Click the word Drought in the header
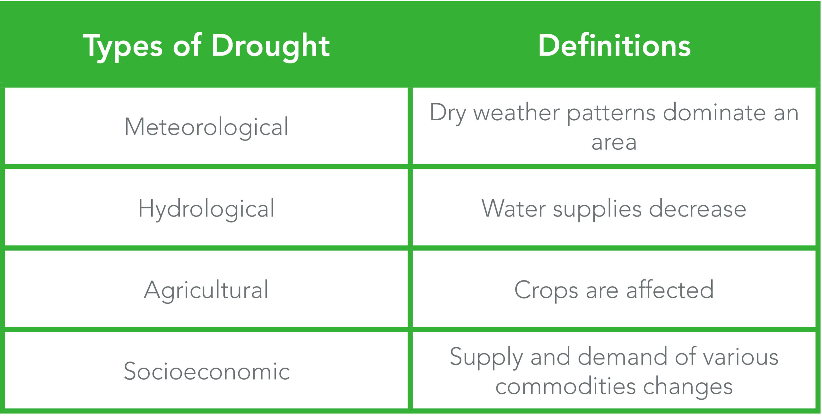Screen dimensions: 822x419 271,47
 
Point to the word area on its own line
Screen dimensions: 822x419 614,143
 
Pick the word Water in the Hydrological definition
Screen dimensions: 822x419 513,209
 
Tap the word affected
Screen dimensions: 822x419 670,289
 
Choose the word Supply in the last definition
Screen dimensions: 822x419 486,358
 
